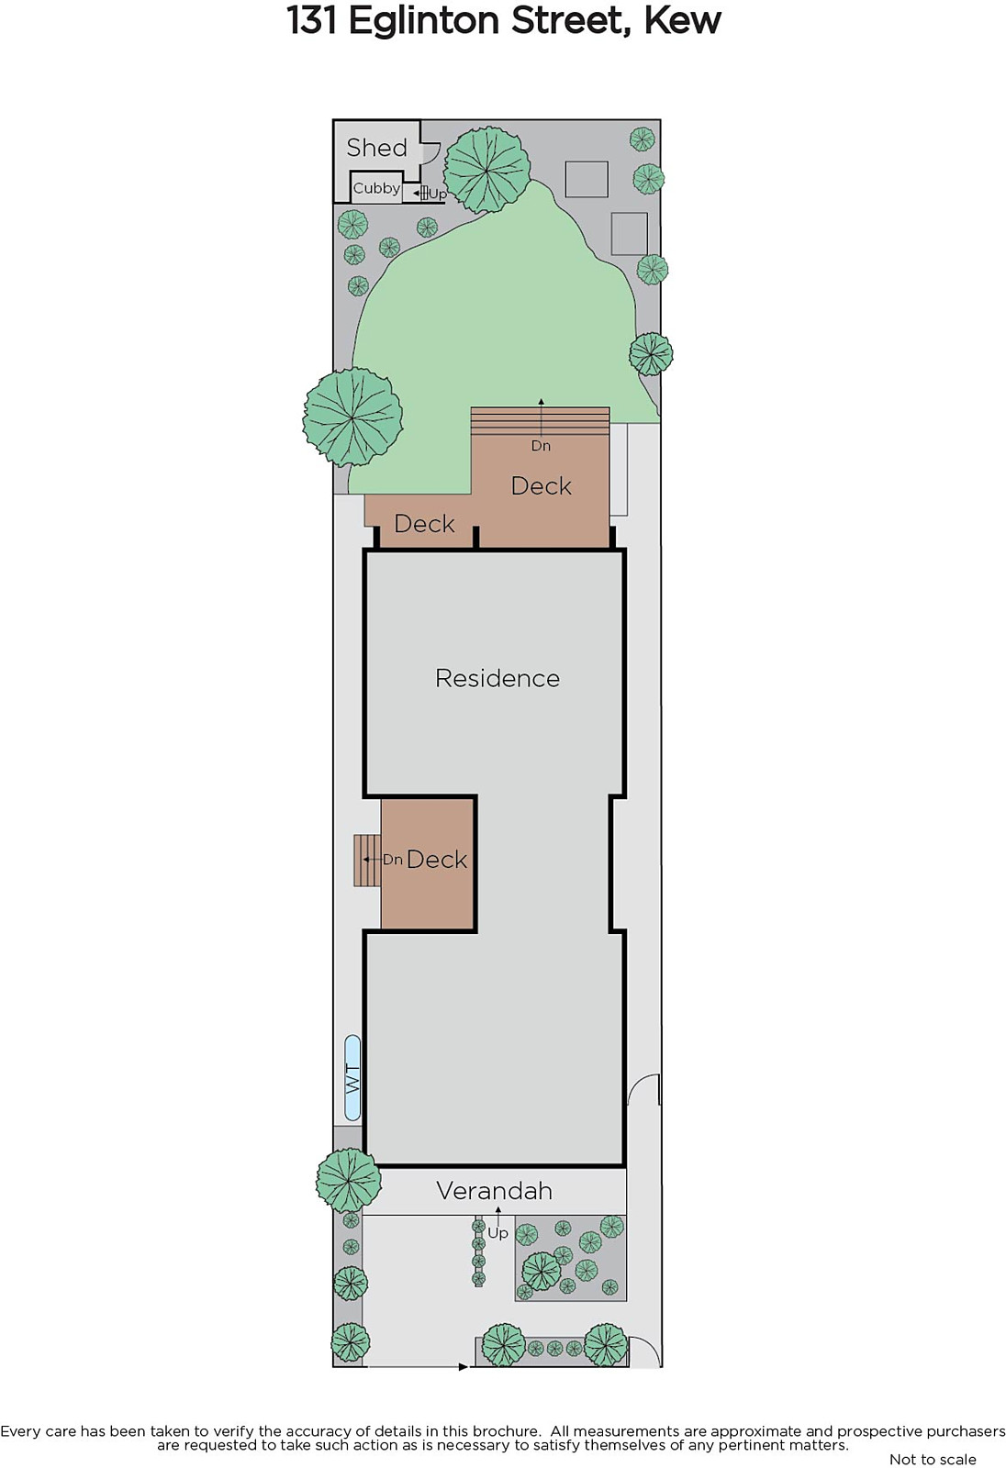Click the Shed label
tap(376, 148)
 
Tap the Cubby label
tap(376, 189)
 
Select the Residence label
tap(497, 678)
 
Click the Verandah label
tap(495, 1191)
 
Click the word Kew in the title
tap(683, 21)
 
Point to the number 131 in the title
tap(312, 21)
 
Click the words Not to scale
tap(933, 1460)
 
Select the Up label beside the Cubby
tap(438, 195)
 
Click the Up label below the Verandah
tap(497, 1233)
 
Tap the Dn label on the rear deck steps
tap(541, 446)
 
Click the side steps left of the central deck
tap(367, 861)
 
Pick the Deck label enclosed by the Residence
tap(437, 859)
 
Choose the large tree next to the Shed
tap(486, 171)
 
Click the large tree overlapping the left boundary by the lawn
tap(352, 417)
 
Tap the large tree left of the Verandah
tap(348, 1180)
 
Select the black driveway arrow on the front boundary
tap(463, 1366)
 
